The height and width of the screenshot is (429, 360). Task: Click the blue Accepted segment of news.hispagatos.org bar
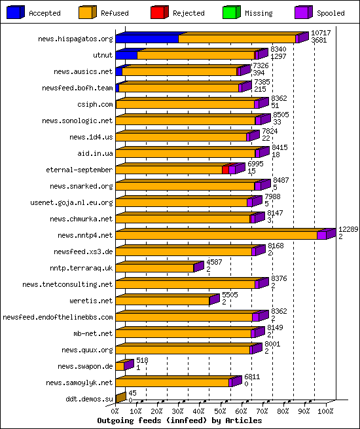(x=147, y=39)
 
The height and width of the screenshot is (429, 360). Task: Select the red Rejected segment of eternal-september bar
(x=225, y=170)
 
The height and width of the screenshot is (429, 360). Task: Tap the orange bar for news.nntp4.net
(x=216, y=235)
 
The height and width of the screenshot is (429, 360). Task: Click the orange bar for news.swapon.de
(x=120, y=366)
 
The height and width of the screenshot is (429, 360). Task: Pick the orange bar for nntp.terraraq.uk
(x=154, y=268)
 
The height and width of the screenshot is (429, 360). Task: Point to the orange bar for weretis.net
(x=162, y=301)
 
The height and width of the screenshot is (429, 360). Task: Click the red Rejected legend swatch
(x=160, y=12)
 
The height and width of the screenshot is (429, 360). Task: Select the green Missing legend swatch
(x=232, y=12)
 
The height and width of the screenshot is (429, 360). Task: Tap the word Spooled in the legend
(x=331, y=13)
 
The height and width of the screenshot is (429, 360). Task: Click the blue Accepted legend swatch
(x=16, y=12)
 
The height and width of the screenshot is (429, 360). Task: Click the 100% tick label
(x=325, y=411)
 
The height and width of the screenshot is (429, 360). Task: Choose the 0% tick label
(x=115, y=411)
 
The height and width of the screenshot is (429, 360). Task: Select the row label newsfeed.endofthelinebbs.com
(x=58, y=317)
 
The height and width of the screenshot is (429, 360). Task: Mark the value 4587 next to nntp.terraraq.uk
(x=214, y=262)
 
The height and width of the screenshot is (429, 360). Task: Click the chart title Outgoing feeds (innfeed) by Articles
(x=179, y=420)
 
